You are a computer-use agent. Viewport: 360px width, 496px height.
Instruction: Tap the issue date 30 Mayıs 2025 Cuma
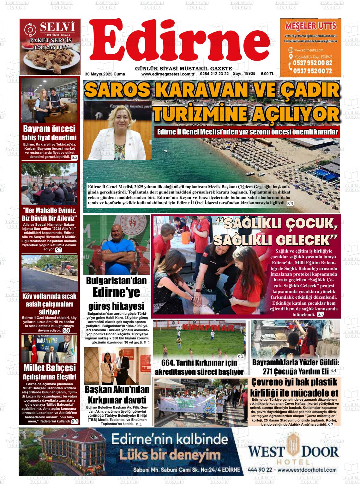[x=105, y=74]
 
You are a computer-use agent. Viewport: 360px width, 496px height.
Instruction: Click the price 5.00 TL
[x=267, y=74]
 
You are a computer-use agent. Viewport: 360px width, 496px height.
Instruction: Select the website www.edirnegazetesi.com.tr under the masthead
[x=167, y=74]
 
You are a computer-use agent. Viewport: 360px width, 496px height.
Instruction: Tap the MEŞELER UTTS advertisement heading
[x=310, y=26]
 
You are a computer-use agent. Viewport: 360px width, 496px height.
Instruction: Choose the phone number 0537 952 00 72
[x=312, y=71]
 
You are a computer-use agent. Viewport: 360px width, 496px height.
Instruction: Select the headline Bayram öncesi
[x=50, y=129]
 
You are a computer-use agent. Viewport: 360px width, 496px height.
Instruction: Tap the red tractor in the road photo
[x=65, y=271]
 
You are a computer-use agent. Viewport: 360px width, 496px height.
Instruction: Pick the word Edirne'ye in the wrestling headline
[x=117, y=292]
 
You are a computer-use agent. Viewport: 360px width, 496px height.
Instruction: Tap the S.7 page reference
[x=320, y=314]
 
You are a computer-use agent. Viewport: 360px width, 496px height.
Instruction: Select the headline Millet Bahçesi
[x=50, y=368]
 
